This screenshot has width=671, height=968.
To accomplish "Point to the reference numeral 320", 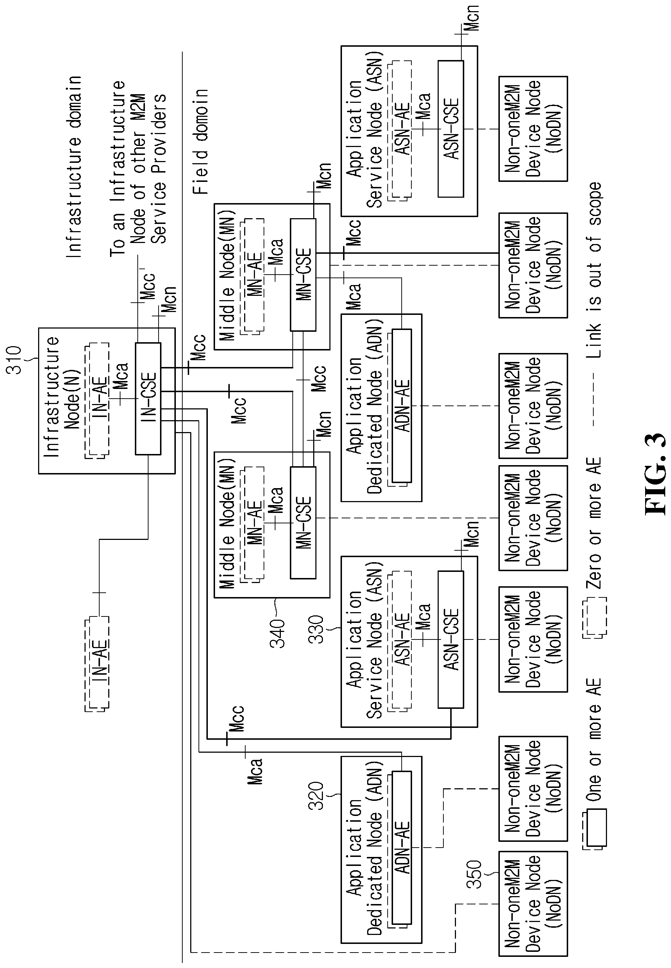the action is (x=316, y=796).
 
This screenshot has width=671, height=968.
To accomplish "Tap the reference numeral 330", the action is (x=316, y=629).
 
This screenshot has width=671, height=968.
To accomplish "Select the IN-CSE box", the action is (x=148, y=399).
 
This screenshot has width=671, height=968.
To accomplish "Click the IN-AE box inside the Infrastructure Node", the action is (x=97, y=400).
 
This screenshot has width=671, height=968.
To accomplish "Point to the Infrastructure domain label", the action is (x=74, y=167).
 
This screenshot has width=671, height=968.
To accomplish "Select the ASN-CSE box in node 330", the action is (x=451, y=639).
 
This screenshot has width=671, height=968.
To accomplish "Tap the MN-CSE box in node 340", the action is (x=303, y=523).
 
